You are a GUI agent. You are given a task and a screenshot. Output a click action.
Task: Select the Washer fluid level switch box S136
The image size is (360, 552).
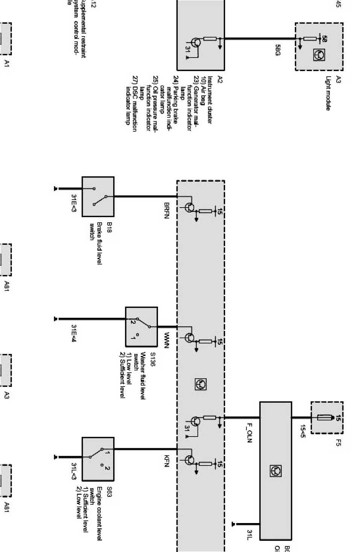click(141, 327)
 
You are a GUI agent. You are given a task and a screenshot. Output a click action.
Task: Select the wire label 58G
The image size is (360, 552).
click(278, 50)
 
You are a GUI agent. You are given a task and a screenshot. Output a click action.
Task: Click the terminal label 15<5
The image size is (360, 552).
click(302, 431)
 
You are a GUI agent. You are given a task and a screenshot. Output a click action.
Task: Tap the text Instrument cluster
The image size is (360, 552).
click(210, 100)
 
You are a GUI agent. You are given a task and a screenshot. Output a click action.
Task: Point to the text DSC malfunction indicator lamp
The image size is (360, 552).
click(131, 101)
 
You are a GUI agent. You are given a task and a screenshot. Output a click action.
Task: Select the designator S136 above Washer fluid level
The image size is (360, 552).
click(152, 360)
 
